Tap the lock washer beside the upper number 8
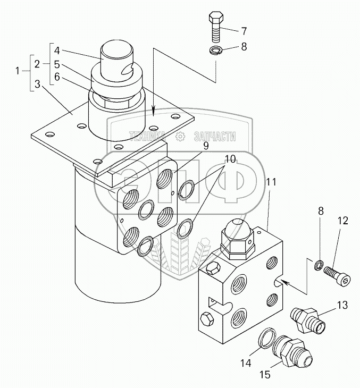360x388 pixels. point(216,50)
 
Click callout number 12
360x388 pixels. point(342,221)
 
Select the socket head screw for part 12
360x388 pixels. point(338,275)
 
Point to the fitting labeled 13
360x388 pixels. point(307,320)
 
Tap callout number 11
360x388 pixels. point(271,182)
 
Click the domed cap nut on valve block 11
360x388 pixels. point(238,239)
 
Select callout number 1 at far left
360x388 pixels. point(18,71)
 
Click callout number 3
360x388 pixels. point(37,84)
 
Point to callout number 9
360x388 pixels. point(206,146)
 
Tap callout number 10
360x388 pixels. point(230,159)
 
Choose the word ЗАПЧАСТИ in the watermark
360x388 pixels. point(215,137)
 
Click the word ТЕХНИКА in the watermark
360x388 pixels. point(148,137)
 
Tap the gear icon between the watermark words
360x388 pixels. point(180,137)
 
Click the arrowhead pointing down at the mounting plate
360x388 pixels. point(154,111)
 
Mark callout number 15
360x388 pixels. point(265,375)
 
